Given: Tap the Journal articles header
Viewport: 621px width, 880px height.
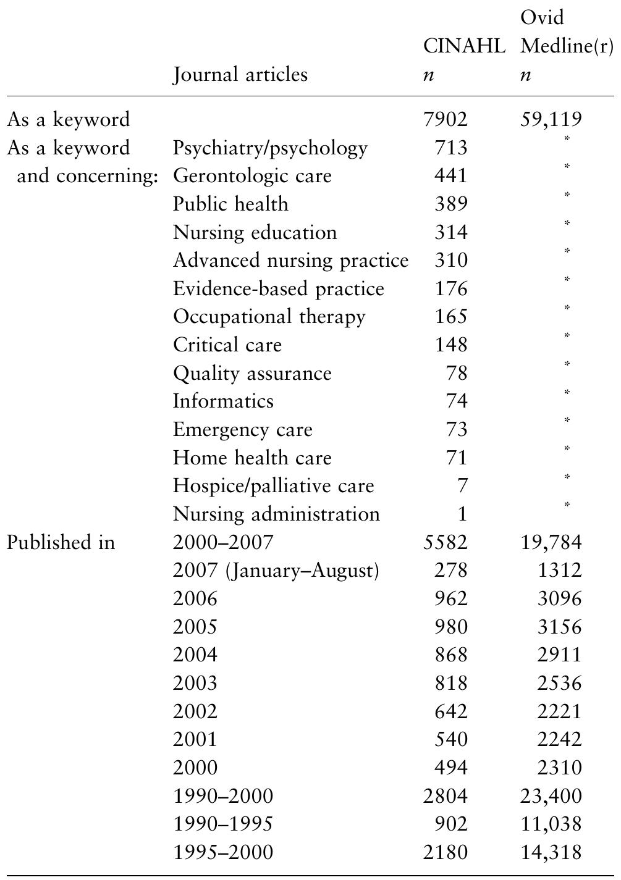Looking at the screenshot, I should (x=240, y=75).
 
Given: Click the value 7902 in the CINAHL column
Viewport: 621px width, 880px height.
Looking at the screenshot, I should (x=446, y=119).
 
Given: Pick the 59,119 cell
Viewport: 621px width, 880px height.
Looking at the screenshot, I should (x=551, y=119).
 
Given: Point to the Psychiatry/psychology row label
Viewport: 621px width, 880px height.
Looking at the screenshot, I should (x=270, y=148).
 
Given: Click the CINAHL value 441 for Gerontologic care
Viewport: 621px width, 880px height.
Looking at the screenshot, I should (x=450, y=176).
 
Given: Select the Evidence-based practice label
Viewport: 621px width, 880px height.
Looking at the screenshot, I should (x=279, y=289).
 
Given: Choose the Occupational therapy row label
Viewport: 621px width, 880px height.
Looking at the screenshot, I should (x=269, y=317).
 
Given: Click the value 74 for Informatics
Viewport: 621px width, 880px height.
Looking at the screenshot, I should (x=457, y=401).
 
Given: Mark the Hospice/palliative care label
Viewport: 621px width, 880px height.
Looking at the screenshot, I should (x=274, y=486).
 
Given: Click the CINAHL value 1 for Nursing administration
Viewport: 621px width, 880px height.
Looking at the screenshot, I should (x=463, y=514).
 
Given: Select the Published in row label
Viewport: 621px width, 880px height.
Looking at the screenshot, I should (x=61, y=542).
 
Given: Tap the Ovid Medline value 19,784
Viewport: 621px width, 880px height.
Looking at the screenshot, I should (x=551, y=542).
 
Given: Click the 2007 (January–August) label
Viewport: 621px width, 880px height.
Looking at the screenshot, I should (x=276, y=571).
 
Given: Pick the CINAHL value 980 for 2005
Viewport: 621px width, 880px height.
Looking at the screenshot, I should (x=450, y=627).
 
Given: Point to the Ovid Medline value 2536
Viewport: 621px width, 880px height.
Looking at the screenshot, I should (x=559, y=684).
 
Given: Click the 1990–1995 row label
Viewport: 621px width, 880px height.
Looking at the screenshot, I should (x=223, y=824).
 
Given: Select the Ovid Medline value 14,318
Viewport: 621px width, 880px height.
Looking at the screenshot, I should (x=551, y=853).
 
